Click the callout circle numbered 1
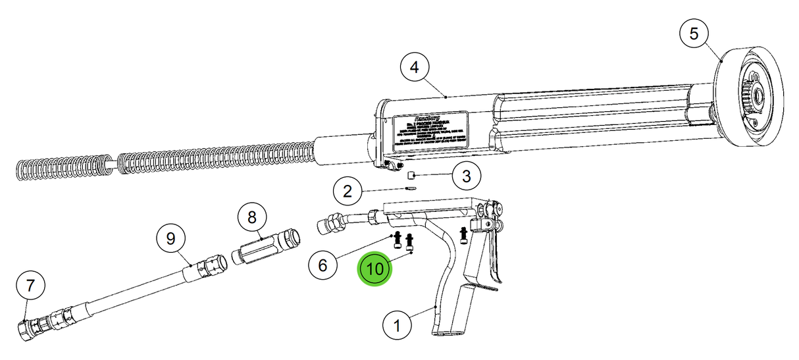coord(397,325)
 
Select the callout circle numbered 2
coord(347,192)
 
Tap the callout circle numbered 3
coord(466,176)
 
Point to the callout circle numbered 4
coord(415,68)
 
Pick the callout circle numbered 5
coord(694,34)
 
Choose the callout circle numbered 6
coord(322,265)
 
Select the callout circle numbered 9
coord(171,239)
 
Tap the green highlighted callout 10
coord(374,270)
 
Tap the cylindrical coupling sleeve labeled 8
coord(267,245)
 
